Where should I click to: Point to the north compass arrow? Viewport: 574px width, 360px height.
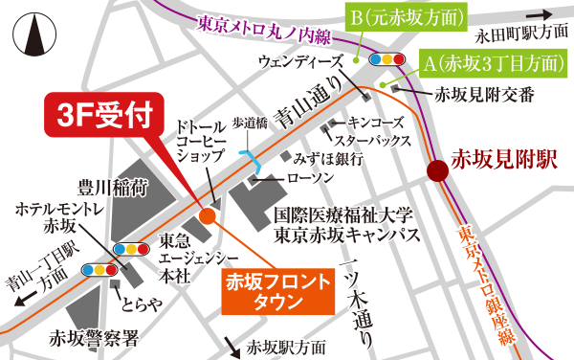35,34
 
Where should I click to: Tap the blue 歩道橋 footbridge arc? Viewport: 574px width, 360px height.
249,156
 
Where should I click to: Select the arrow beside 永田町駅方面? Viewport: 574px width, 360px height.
550,15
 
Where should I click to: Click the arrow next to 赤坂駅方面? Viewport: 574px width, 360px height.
231,343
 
